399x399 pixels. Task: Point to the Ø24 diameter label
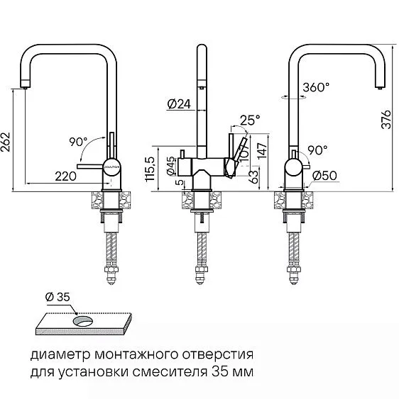178,105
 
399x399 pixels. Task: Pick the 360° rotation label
316,89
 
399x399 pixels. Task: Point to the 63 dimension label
255,176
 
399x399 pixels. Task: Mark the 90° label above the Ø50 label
316,151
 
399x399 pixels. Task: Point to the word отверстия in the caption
218,354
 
